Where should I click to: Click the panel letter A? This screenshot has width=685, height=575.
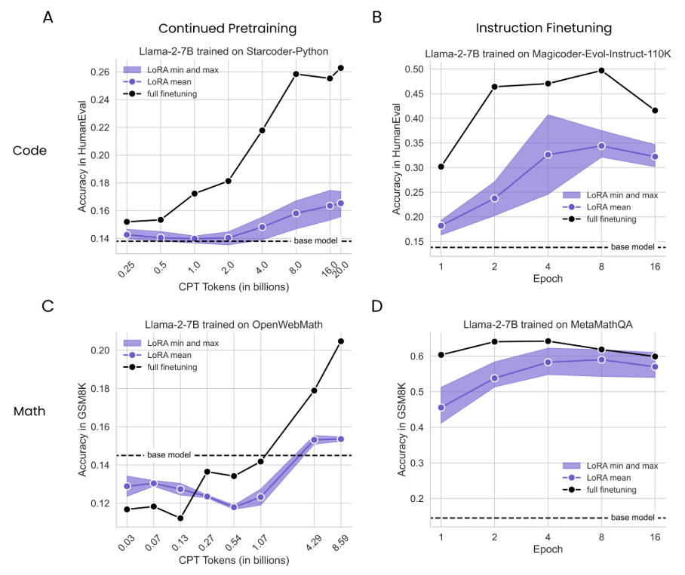[48, 17]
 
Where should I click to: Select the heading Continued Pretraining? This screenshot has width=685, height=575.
[227, 29]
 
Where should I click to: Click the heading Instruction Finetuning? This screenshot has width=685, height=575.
[544, 29]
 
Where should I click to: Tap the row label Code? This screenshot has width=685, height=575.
[30, 151]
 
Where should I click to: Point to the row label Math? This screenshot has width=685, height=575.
[30, 411]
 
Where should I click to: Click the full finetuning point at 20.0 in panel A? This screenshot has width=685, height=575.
[341, 68]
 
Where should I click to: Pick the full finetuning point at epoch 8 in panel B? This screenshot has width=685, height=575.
[601, 70]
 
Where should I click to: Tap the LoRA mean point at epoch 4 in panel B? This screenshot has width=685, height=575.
[548, 154]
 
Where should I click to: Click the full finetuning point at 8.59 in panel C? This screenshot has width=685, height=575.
[341, 341]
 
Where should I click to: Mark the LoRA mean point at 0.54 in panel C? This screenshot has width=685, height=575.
[234, 507]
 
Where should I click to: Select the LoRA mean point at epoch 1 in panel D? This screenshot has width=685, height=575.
[441, 408]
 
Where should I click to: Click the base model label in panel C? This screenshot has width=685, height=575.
[169, 455]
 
